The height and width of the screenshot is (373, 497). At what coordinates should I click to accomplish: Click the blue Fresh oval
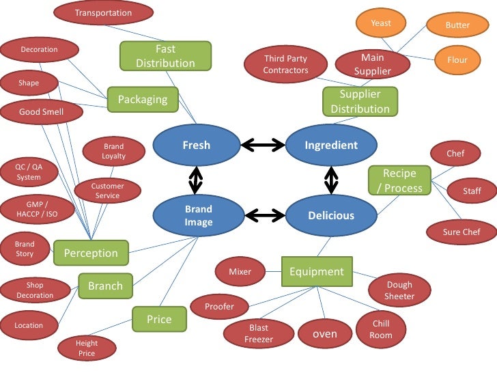click(196, 145)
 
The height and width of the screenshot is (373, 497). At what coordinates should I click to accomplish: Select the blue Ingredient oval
click(331, 145)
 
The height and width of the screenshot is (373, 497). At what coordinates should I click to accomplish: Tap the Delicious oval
click(331, 215)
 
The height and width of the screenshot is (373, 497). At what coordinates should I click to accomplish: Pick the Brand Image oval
click(198, 215)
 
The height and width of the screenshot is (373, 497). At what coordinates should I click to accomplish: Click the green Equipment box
click(317, 271)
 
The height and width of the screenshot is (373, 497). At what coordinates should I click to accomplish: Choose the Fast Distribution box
click(165, 56)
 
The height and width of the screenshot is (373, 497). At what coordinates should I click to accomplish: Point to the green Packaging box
click(143, 100)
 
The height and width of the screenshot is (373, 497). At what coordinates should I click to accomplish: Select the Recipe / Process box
click(400, 180)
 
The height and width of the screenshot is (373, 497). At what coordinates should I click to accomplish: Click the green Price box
click(159, 319)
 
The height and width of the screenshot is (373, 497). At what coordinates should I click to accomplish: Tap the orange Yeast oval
click(381, 24)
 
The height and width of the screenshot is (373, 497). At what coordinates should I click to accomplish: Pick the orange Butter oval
click(457, 25)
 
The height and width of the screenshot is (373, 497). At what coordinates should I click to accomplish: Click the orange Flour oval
click(457, 60)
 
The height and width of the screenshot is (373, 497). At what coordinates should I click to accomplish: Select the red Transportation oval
click(103, 13)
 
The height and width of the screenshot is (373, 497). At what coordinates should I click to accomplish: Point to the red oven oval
click(325, 334)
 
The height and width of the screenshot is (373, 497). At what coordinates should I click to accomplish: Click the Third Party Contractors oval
click(286, 64)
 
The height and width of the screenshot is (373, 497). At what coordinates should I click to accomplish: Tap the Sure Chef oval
click(461, 232)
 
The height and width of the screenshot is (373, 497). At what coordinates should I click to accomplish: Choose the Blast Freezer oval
click(259, 333)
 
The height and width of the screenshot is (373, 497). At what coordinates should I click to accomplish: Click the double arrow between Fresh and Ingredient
click(263, 144)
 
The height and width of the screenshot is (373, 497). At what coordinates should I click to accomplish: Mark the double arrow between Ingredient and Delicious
click(331, 180)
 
